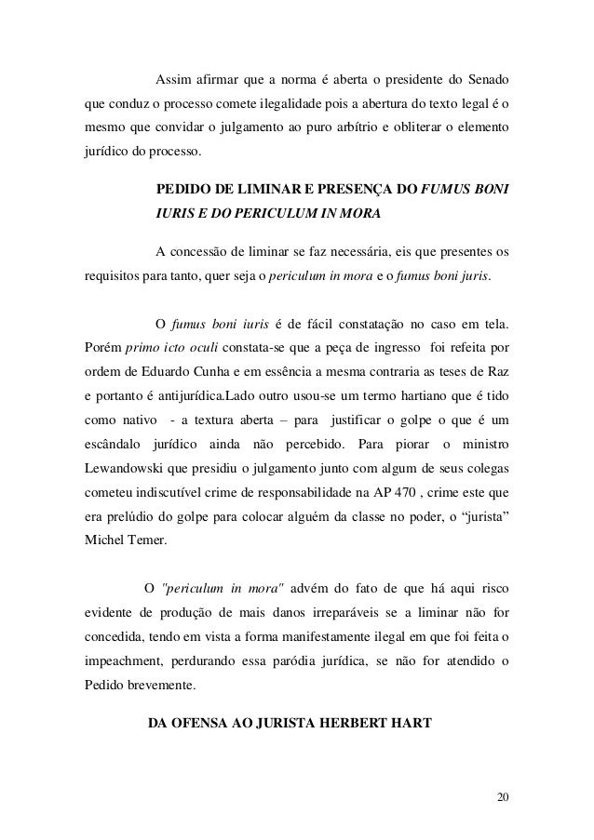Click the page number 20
[504, 797]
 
